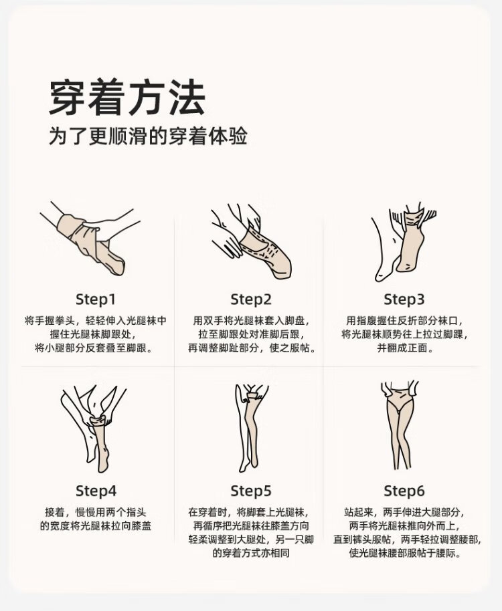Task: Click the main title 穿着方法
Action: pyautogui.click(x=127, y=98)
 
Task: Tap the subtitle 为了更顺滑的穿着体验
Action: pyautogui.click(x=148, y=136)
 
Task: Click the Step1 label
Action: pyautogui.click(x=96, y=299)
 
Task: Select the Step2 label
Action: pyautogui.click(x=251, y=299)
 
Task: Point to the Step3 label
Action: pyautogui.click(x=404, y=299)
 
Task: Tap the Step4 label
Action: pyautogui.click(x=96, y=491)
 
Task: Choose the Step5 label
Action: pyautogui.click(x=251, y=491)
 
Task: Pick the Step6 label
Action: pyautogui.click(x=404, y=491)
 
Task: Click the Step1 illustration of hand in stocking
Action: pyautogui.click(x=90, y=239)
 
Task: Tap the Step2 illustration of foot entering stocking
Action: pyautogui.click(x=252, y=241)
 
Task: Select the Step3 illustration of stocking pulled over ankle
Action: pyautogui.click(x=404, y=241)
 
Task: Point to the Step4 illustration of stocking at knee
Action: pyautogui.click(x=94, y=429)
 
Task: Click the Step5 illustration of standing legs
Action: pyautogui.click(x=252, y=428)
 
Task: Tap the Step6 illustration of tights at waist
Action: pyautogui.click(x=400, y=426)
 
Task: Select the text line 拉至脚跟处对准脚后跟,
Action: pyautogui.click(x=252, y=334)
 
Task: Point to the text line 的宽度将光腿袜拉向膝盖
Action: pyautogui.click(x=96, y=526)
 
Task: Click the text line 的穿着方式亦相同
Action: pyautogui.click(x=251, y=553)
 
